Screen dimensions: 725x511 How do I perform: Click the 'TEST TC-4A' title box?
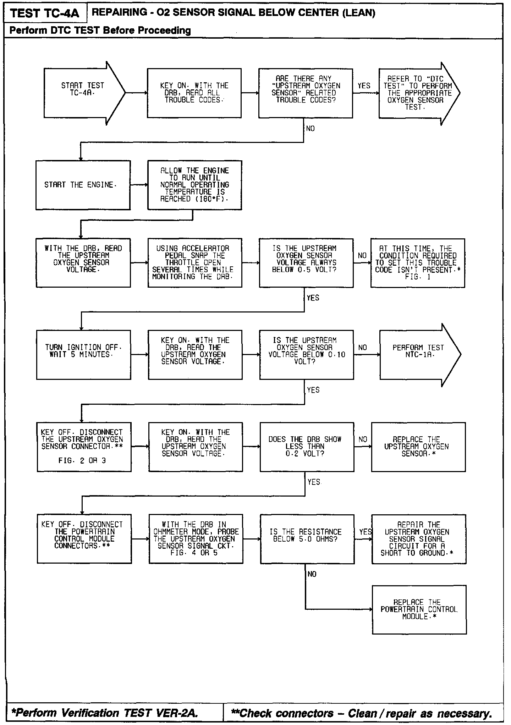point(45,13)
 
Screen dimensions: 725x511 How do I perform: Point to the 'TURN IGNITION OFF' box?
point(83,355)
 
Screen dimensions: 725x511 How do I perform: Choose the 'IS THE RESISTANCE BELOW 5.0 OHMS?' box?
point(307,539)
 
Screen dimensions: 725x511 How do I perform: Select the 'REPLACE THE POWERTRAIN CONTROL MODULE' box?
point(419,609)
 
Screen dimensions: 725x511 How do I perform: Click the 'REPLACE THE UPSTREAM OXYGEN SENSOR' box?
point(418,447)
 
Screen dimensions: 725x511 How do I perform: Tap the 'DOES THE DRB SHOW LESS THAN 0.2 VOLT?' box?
point(307,447)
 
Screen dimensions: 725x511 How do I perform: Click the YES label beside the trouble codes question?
point(364,86)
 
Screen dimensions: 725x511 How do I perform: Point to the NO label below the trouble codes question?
point(310,129)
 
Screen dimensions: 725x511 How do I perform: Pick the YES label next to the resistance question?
point(365,532)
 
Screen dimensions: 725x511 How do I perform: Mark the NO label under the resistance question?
point(312,574)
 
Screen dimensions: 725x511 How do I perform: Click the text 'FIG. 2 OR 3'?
point(82,461)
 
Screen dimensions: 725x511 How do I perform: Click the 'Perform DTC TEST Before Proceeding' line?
point(100,31)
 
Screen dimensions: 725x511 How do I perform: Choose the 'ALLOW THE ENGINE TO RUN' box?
point(194,185)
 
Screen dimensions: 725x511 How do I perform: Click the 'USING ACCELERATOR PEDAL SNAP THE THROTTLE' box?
point(194,262)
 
